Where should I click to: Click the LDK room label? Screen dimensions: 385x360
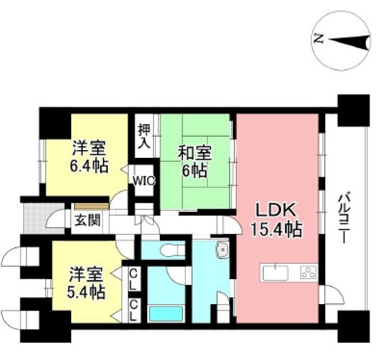click(275, 210)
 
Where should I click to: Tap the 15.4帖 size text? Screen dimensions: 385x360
click(276, 230)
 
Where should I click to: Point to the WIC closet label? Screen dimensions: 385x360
click(144, 181)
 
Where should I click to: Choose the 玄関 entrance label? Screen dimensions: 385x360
click(88, 220)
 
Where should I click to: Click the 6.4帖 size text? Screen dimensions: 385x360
click(89, 167)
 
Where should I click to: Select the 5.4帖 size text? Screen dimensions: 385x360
click(86, 292)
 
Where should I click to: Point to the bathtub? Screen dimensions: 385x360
click(166, 313)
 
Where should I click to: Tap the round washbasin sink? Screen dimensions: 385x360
click(223, 249)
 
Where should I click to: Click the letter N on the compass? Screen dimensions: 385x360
click(319, 39)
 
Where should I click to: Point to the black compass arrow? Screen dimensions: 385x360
click(349, 42)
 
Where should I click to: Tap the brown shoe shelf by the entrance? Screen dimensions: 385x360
click(92, 206)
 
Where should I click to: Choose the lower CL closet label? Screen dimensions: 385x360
click(133, 310)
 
